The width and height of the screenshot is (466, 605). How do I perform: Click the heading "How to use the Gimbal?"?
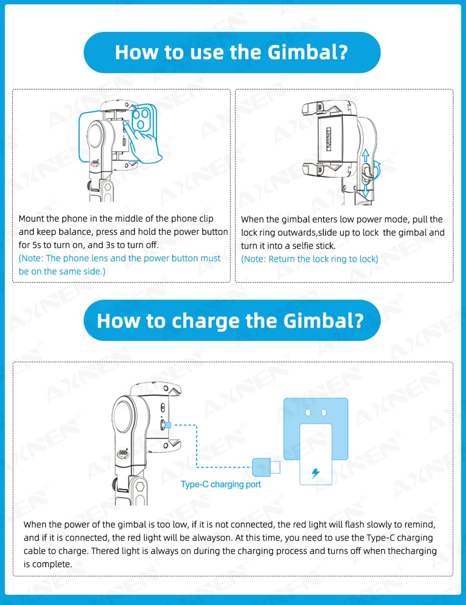232,52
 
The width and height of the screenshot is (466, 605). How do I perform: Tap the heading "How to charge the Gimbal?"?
231,320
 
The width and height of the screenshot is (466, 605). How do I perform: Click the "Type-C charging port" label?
221,484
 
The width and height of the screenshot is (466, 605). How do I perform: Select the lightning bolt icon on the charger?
315,473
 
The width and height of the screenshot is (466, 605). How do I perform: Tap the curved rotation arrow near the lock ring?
376,169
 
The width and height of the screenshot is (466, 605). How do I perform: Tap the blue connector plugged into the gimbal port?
167,424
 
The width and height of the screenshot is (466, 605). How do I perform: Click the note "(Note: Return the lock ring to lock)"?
310,259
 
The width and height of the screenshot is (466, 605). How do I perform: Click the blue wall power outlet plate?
316,422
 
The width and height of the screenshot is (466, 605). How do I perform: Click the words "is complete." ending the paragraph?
48,564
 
